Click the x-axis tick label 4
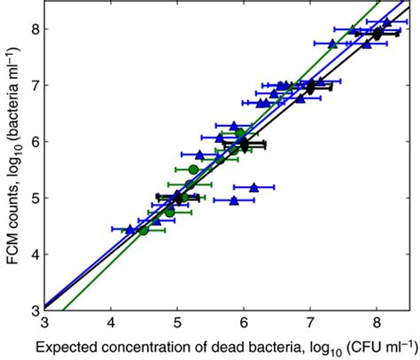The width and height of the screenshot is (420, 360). click(x=111, y=323)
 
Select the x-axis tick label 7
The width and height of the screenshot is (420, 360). click(x=310, y=323)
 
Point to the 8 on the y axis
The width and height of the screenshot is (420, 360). click(x=32, y=28)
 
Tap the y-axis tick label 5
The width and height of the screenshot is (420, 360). click(x=32, y=198)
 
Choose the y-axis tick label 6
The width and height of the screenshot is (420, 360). click(x=32, y=142)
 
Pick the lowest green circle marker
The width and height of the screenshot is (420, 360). click(x=144, y=231)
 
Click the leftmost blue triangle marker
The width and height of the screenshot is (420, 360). click(x=130, y=230)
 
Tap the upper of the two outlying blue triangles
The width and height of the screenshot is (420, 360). click(x=253, y=187)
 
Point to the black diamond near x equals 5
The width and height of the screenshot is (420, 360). click(x=178, y=198)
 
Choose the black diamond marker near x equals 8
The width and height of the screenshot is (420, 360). click(x=377, y=34)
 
